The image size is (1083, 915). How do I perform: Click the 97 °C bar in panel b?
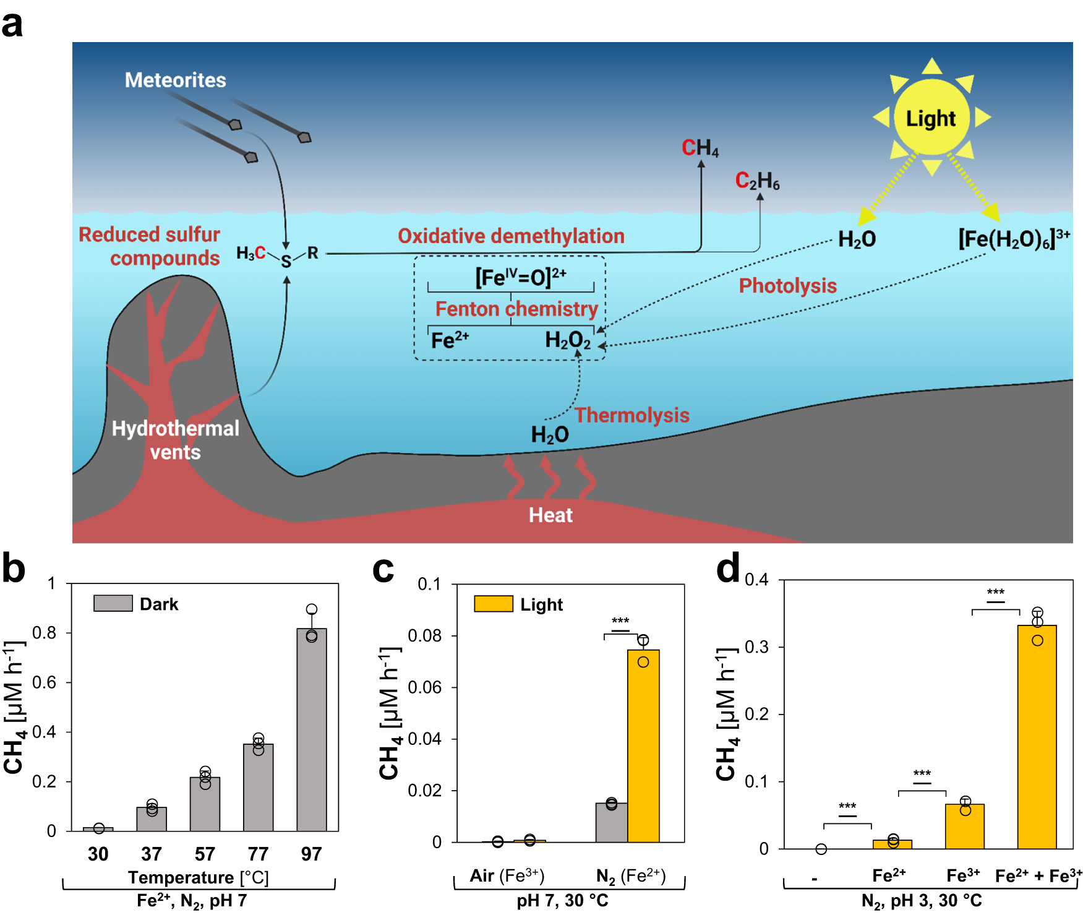tap(312, 730)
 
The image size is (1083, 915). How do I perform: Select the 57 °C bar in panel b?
tap(205, 804)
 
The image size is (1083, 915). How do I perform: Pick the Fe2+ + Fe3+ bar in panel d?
tap(1037, 736)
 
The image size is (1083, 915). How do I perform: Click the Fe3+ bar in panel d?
tap(964, 826)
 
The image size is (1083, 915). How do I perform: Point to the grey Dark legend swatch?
tap(113, 603)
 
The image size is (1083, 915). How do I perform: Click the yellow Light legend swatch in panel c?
tap(493, 604)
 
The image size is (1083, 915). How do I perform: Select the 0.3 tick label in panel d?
tap(756, 647)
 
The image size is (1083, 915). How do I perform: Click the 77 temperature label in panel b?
tap(258, 854)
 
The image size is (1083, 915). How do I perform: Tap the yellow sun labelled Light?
tap(931, 118)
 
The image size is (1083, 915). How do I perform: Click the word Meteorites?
tap(175, 80)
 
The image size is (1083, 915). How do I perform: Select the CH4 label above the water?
tap(700, 148)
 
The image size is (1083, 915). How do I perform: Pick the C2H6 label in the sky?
tap(757, 181)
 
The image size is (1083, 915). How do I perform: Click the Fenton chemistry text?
tap(516, 309)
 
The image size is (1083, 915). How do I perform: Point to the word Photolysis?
tap(787, 286)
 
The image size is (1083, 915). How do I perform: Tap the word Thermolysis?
tap(631, 415)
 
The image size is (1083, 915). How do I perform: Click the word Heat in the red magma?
tap(550, 515)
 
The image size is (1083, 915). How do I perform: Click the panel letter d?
tap(727, 569)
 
